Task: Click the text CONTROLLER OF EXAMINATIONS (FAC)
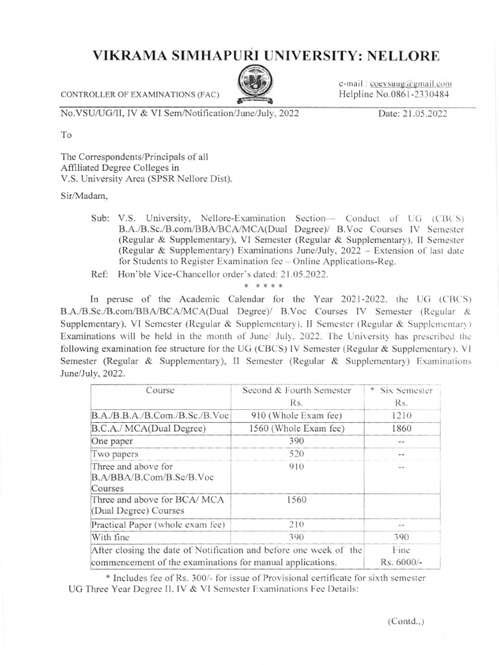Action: [140, 95]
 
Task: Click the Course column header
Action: [161, 390]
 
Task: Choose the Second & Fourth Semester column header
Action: [296, 390]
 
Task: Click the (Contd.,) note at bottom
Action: [406, 621]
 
